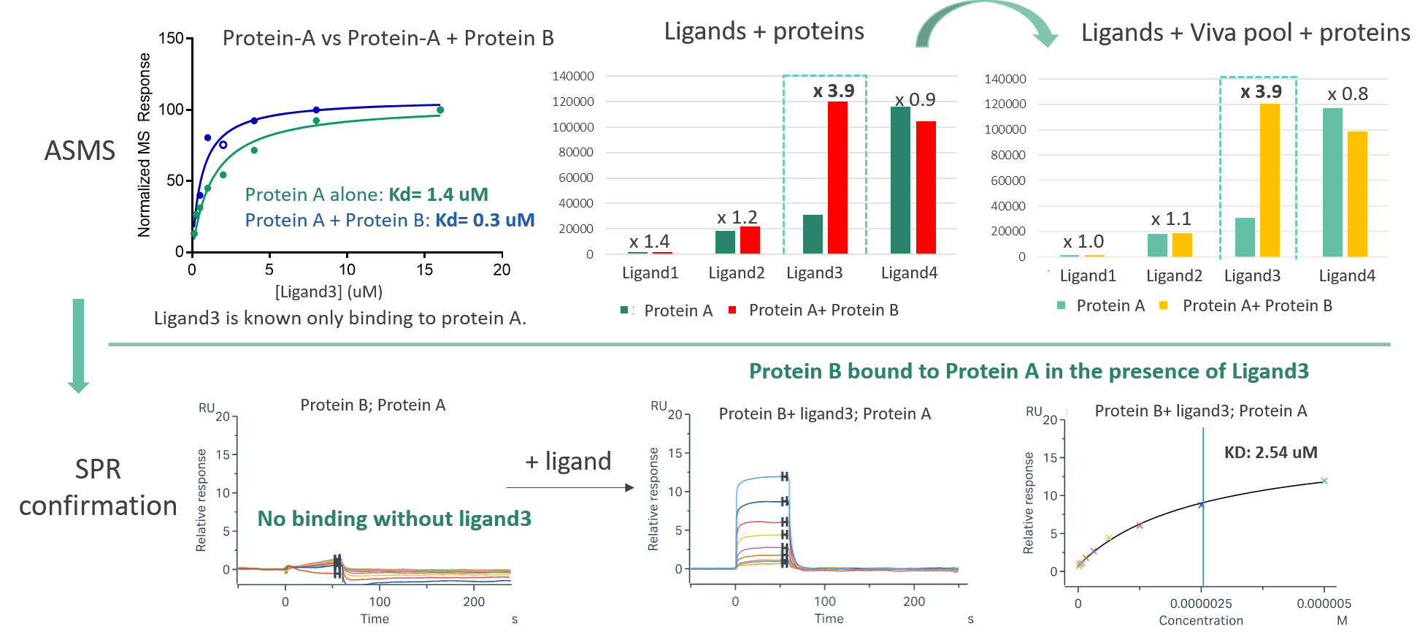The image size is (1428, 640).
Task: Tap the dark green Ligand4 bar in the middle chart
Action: point(900,180)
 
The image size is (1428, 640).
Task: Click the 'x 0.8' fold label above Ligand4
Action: point(1348,94)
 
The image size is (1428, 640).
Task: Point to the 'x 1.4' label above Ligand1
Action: point(649,241)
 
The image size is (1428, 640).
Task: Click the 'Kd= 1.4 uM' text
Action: point(438,194)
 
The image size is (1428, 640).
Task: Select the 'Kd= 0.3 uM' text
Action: point(485,220)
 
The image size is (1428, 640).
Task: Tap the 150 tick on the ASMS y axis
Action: point(171,39)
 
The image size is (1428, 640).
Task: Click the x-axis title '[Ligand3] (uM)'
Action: point(329,292)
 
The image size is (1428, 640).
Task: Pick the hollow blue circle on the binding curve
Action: point(223,145)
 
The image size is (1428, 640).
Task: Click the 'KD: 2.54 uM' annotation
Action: point(1270,452)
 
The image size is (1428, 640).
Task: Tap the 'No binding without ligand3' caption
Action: point(394,519)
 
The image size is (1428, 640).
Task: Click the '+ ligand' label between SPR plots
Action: point(567,462)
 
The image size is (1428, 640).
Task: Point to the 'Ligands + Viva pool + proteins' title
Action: point(1245,32)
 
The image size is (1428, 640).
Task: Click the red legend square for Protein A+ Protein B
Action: point(732,310)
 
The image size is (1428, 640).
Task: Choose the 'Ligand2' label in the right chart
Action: point(1174,275)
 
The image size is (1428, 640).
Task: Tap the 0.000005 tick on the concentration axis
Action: point(1324,603)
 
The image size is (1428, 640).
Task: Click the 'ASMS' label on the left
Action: point(80,151)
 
